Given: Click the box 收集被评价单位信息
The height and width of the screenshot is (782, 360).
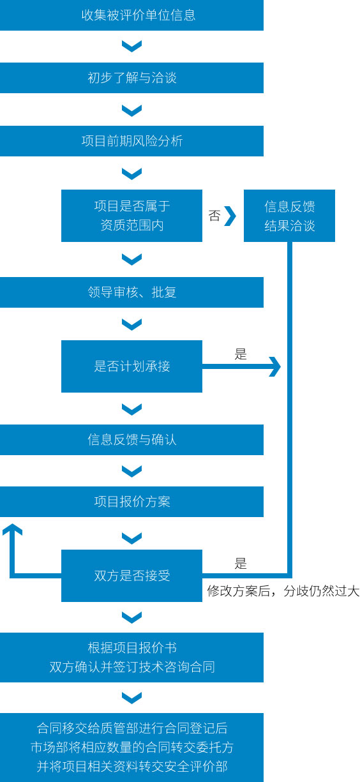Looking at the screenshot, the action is pyautogui.click(x=131, y=15).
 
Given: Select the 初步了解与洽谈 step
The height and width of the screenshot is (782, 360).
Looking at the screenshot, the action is pyautogui.click(x=131, y=78).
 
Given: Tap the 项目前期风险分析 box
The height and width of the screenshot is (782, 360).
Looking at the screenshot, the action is pyautogui.click(x=131, y=141).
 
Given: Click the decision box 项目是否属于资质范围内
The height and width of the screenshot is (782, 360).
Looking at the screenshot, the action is pyautogui.click(x=131, y=216).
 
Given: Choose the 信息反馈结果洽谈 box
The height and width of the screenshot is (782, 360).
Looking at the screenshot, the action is pyautogui.click(x=289, y=216).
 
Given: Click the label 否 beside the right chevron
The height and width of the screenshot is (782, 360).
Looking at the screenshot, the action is pyautogui.click(x=214, y=216).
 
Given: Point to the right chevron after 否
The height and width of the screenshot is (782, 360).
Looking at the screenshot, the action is pyautogui.click(x=230, y=216).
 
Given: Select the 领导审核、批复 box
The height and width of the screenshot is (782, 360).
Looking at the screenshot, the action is pyautogui.click(x=131, y=292).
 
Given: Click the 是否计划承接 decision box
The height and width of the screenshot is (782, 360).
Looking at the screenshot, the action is pyautogui.click(x=131, y=366).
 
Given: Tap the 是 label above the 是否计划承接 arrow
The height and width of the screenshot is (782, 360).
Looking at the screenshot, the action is pyautogui.click(x=241, y=354).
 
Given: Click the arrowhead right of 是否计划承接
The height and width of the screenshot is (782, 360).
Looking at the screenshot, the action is pyautogui.click(x=275, y=366).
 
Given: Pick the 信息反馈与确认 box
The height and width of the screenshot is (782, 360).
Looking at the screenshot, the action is pyautogui.click(x=131, y=440).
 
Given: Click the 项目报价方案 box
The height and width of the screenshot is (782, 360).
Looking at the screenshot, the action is pyautogui.click(x=131, y=502).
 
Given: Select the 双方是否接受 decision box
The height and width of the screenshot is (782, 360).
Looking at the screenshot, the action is pyautogui.click(x=131, y=576).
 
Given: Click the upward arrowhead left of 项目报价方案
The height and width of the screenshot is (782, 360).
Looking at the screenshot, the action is pyautogui.click(x=12, y=529).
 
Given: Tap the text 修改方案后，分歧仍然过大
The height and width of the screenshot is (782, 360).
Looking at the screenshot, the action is pyautogui.click(x=283, y=591).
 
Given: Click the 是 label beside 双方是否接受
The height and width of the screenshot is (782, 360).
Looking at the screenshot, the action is pyautogui.click(x=241, y=564).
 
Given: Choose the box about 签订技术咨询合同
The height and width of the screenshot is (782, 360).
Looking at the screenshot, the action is pyautogui.click(x=131, y=658).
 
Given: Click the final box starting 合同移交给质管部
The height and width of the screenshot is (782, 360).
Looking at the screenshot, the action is pyautogui.click(x=131, y=748).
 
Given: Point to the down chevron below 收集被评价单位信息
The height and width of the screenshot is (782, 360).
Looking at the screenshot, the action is pyautogui.click(x=131, y=46).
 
